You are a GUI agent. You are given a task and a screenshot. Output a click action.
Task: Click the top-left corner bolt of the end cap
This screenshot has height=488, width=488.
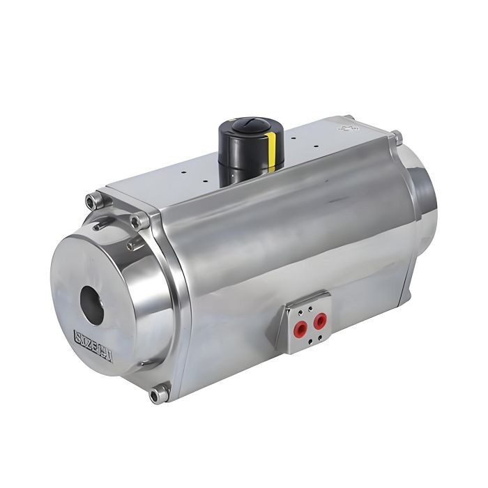click(x=93, y=201)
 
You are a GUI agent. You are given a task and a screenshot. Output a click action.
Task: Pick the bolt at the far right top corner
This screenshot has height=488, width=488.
click(x=395, y=137)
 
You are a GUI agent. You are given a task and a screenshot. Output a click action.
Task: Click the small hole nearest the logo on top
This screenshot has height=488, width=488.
click(x=316, y=146)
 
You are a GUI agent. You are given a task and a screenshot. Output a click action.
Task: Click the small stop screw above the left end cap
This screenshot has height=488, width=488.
click(x=100, y=224)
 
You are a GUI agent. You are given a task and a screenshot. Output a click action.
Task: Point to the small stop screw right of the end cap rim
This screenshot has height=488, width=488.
click(x=133, y=245)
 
